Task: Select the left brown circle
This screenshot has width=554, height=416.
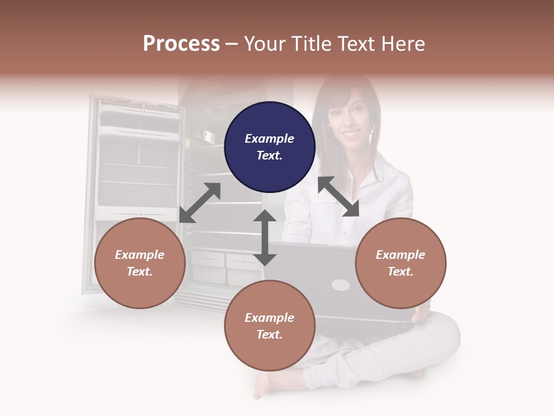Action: click(140, 263)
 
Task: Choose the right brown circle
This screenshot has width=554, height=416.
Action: click(400, 263)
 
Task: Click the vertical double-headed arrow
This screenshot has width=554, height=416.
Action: click(265, 237)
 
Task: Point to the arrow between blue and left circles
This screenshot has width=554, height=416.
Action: click(200, 203)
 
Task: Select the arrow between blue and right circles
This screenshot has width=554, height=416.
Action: click(338, 196)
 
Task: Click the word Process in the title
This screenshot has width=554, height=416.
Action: click(181, 43)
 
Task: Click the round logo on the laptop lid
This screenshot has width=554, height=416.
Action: click(340, 285)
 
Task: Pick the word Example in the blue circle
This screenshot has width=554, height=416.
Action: click(269, 139)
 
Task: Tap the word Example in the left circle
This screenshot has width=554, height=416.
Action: click(140, 255)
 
